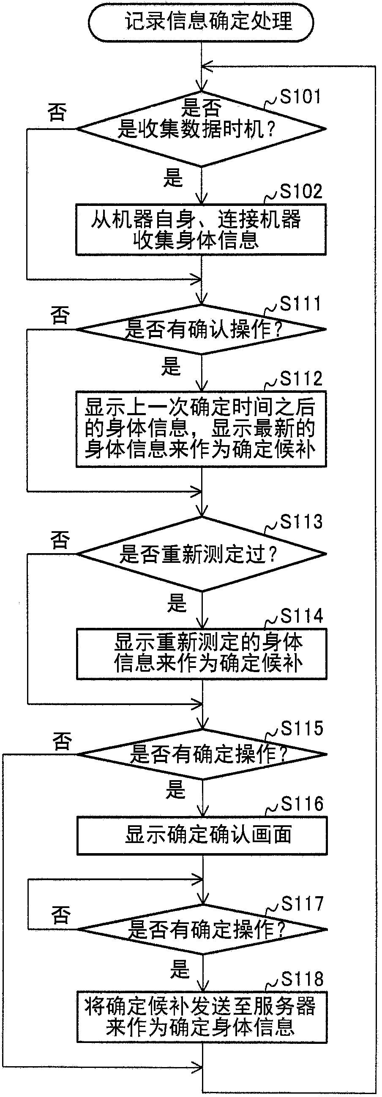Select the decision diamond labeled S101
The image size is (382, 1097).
[201, 129]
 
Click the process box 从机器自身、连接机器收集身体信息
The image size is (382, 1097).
[201, 230]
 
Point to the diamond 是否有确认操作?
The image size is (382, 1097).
[201, 329]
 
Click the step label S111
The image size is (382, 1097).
[300, 304]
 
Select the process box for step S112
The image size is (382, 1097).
[201, 429]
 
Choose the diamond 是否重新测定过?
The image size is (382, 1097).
[201, 554]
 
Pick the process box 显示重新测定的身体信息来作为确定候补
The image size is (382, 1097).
[202, 654]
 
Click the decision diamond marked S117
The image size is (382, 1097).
[202, 929]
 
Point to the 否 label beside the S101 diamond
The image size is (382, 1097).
[57, 112]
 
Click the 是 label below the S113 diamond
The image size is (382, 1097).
[177, 603]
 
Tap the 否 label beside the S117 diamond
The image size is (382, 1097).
[60, 915]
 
